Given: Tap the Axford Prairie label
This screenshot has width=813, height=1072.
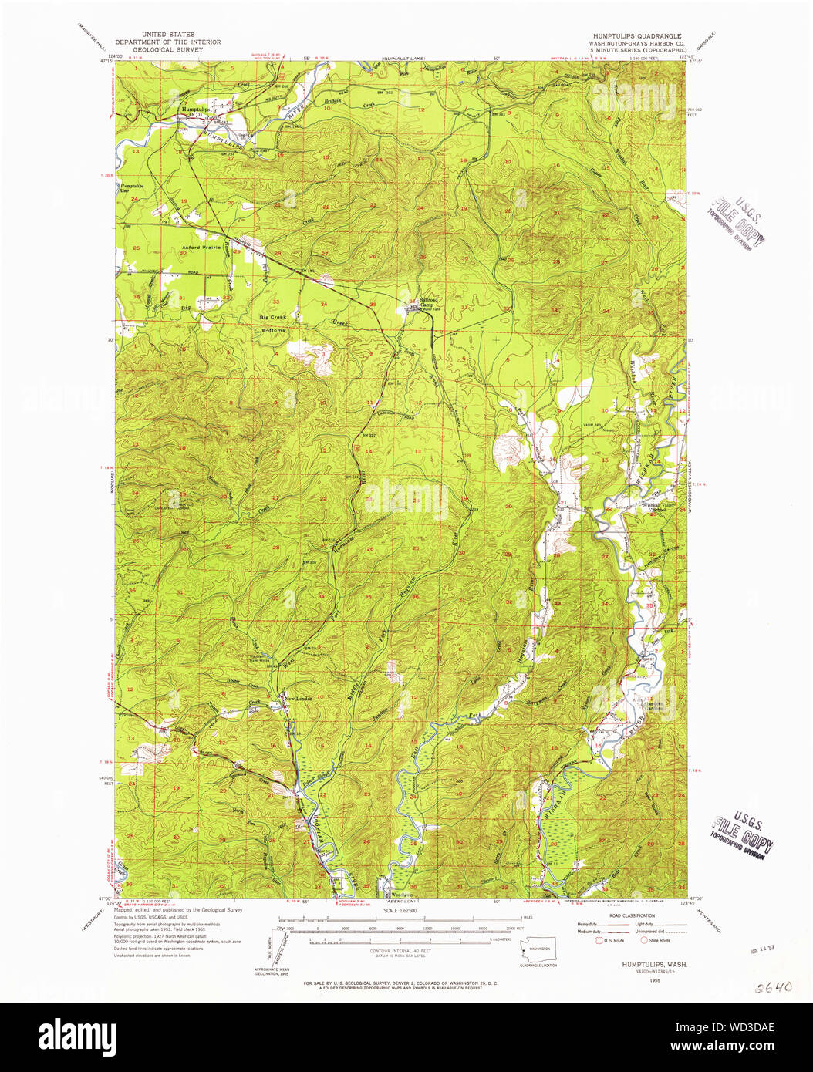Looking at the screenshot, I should tap(201, 248).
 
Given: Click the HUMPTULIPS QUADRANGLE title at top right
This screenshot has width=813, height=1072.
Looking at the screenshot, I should tap(636, 36).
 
